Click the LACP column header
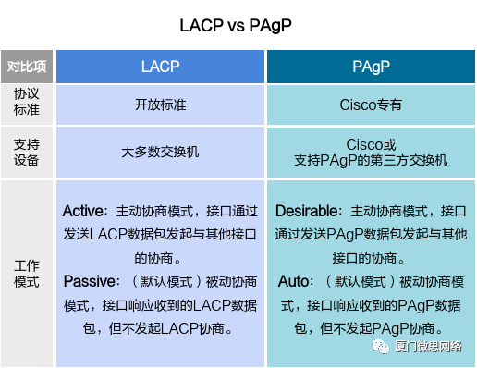click(x=160, y=67)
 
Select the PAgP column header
click(x=371, y=67)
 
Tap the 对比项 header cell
click(x=27, y=67)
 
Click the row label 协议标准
click(x=27, y=104)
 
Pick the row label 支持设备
click(x=27, y=152)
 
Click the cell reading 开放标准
click(x=160, y=104)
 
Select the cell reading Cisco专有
click(x=371, y=104)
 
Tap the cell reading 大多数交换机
click(x=160, y=153)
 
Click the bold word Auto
click(x=295, y=280)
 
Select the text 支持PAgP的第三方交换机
click(x=371, y=161)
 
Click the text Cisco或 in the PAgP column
click(x=371, y=145)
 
